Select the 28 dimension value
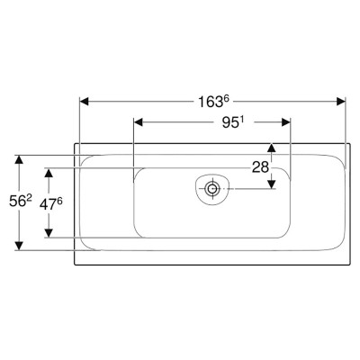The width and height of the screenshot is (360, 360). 260,167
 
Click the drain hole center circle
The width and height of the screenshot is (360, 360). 212,189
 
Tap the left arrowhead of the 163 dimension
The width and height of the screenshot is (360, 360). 85,102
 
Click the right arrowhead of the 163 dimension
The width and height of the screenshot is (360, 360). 341,102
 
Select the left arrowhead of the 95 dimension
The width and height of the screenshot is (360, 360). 138,122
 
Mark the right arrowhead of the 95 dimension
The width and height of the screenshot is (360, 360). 286,122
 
